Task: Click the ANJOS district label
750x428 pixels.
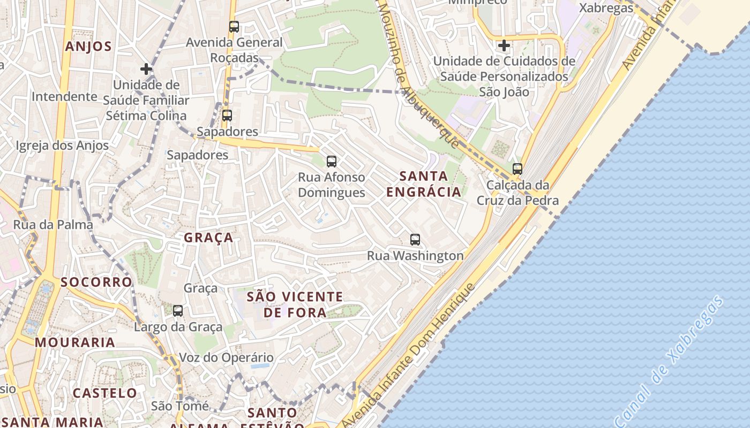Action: point(88,47)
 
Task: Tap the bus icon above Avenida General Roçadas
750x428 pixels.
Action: point(234,26)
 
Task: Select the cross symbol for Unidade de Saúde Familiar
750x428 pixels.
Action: point(146,69)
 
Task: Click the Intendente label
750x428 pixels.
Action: point(64,97)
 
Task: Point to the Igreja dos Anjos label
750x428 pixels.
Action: point(62,146)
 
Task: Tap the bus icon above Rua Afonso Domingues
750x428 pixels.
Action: point(331,161)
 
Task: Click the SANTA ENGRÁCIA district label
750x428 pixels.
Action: point(423,184)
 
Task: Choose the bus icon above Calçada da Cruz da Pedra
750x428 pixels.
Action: point(517,169)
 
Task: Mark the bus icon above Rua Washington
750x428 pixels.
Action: point(415,239)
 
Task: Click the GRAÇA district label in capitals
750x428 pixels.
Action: point(209,238)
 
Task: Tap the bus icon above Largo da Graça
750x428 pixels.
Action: point(177,310)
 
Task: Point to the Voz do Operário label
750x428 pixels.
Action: point(226,357)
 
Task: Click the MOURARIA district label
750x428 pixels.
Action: point(75,342)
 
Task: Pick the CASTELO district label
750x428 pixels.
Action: point(105,393)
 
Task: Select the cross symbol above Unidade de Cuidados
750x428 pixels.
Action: point(504,45)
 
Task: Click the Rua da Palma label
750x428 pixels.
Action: point(53,225)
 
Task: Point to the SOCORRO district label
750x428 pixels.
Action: point(96,282)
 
